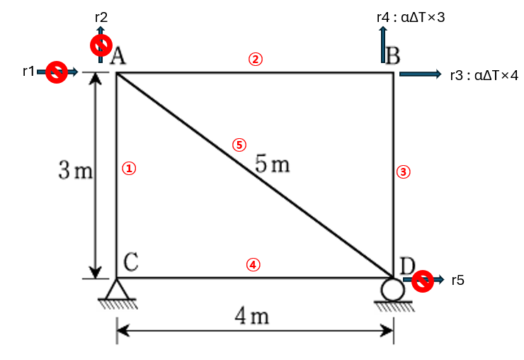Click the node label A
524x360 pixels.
(118, 57)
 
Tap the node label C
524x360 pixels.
(130, 262)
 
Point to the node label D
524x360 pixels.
(406, 266)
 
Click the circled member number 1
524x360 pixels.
(129, 169)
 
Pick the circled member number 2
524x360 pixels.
(255, 59)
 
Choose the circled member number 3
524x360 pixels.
(403, 171)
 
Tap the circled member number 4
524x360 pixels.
(253, 264)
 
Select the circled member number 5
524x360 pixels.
(239, 145)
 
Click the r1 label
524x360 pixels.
(28, 71)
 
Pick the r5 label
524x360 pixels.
(458, 281)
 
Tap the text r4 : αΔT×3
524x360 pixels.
(411, 16)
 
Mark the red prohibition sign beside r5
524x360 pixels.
(423, 281)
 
